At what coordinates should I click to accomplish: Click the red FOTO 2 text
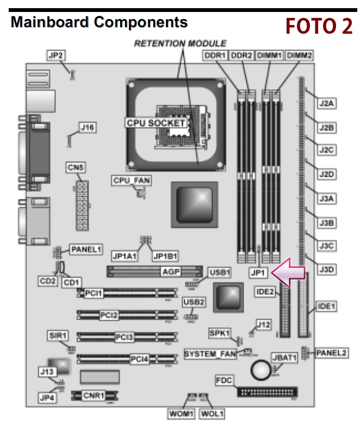pyautogui.click(x=319, y=26)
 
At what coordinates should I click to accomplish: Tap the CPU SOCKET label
pyautogui.click(x=156, y=123)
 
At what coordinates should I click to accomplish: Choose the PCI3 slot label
pyautogui.click(x=124, y=337)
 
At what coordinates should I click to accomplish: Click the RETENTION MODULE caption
pyautogui.click(x=180, y=43)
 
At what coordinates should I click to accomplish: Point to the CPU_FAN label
pyautogui.click(x=131, y=180)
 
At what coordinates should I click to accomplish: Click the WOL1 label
pyautogui.click(x=212, y=414)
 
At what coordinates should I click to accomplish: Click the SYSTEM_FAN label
pyautogui.click(x=210, y=354)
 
